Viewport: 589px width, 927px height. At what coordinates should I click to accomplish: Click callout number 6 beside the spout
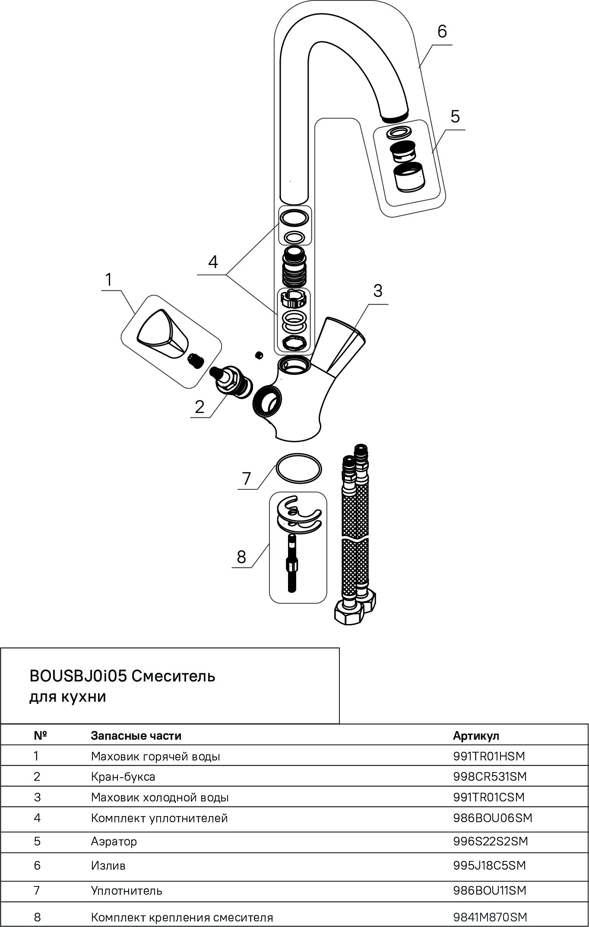(x=442, y=32)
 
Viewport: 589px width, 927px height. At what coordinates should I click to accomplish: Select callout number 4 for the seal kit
(x=213, y=262)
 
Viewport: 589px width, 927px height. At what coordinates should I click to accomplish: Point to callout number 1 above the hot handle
(x=109, y=280)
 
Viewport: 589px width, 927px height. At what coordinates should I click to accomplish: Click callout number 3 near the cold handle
(x=377, y=291)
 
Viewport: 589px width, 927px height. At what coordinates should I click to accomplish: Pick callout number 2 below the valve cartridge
(x=199, y=407)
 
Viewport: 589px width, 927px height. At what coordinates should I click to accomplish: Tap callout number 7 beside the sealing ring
(x=247, y=479)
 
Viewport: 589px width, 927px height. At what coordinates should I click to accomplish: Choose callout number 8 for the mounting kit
(x=241, y=557)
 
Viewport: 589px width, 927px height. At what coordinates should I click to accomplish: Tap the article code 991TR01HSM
(x=489, y=756)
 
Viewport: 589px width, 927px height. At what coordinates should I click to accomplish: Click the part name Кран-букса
(x=123, y=777)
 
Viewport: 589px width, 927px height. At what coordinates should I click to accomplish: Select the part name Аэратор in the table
(x=114, y=841)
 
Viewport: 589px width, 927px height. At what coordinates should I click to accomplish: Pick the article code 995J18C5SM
(x=489, y=865)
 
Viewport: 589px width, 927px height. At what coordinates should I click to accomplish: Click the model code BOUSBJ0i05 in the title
(x=78, y=676)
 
